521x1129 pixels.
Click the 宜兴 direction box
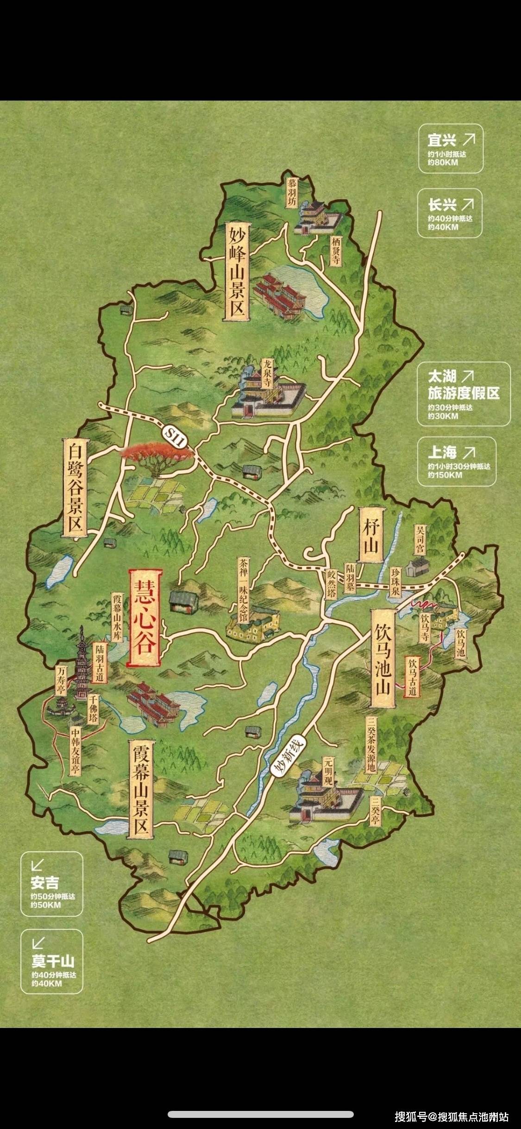(x=451, y=149)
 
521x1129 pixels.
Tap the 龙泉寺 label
(x=268, y=374)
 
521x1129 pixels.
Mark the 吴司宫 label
(x=420, y=539)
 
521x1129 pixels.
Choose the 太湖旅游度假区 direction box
(x=464, y=394)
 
